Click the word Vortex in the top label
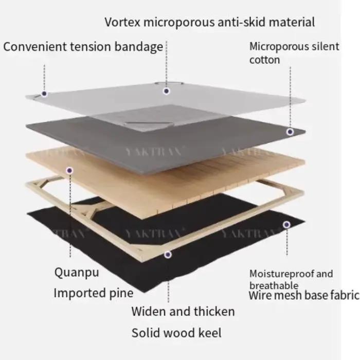click(122, 22)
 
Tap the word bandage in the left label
click(139, 47)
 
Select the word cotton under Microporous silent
click(264, 60)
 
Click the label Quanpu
click(77, 273)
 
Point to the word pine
click(121, 293)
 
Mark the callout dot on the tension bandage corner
click(44, 94)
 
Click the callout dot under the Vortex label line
click(167, 91)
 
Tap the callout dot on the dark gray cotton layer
click(290, 132)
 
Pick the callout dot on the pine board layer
click(69, 170)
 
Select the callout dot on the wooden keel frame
click(168, 255)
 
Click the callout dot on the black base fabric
click(286, 225)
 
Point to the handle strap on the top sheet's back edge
click(169, 83)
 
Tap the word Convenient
click(35, 47)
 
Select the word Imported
click(80, 293)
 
